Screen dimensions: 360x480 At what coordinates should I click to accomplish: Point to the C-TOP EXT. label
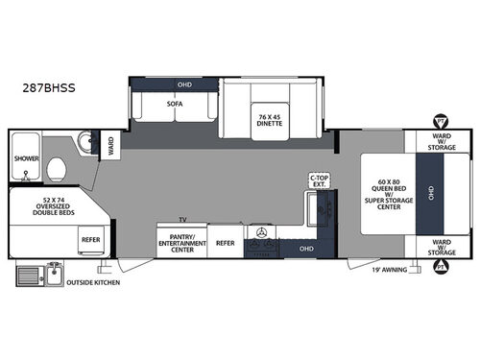point(319,181)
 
